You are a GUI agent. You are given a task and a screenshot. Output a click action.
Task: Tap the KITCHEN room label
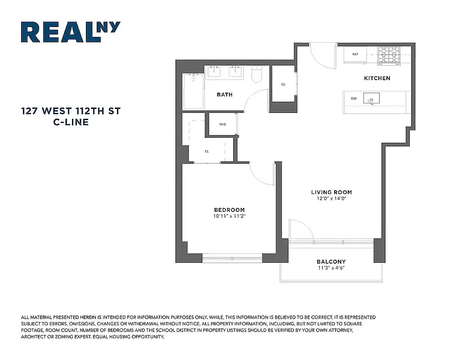click(x=377, y=78)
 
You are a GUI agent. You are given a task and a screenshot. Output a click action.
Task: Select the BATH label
click(x=224, y=94)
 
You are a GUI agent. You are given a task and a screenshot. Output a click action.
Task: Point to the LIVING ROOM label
click(x=331, y=192)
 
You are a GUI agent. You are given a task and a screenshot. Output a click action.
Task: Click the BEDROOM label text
click(x=229, y=210)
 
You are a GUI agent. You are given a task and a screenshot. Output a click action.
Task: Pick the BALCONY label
click(x=331, y=262)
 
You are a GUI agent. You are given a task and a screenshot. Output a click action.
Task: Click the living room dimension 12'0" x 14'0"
click(x=331, y=198)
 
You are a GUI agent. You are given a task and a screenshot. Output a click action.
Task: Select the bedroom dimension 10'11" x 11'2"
click(x=229, y=216)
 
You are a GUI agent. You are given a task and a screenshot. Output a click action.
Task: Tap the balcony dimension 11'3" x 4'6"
click(x=331, y=268)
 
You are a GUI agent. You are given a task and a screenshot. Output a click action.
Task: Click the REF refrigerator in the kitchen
click(x=355, y=54)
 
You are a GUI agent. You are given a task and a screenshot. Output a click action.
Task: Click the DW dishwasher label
click(x=354, y=98)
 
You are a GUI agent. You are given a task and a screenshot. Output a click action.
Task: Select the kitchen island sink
click(x=372, y=98)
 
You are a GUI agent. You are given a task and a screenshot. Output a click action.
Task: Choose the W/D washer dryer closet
click(x=223, y=124)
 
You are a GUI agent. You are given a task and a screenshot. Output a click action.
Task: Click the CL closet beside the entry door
click(x=283, y=84)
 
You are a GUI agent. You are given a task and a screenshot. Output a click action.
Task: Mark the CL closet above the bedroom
click(x=207, y=151)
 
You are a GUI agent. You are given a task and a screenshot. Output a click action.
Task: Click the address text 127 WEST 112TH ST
click(x=71, y=111)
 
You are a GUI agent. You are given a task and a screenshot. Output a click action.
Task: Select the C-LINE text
click(x=71, y=122)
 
